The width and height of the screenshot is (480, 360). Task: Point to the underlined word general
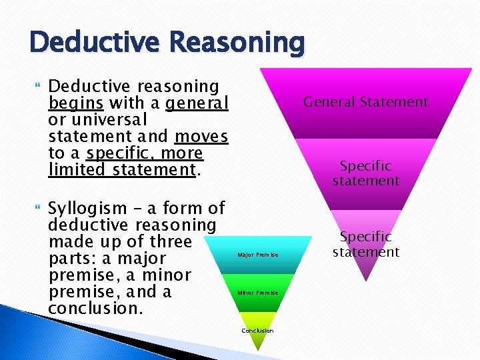197,103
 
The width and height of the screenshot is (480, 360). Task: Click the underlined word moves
201,137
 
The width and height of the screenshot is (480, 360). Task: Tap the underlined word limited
78,170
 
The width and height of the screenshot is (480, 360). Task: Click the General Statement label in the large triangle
365,102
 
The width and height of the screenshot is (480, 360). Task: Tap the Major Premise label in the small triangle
257,255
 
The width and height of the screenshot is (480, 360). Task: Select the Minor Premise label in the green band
257,293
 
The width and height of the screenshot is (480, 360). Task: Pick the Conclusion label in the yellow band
257,331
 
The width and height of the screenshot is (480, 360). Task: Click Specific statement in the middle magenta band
365,173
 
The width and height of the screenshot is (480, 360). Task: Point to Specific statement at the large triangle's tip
365,244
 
